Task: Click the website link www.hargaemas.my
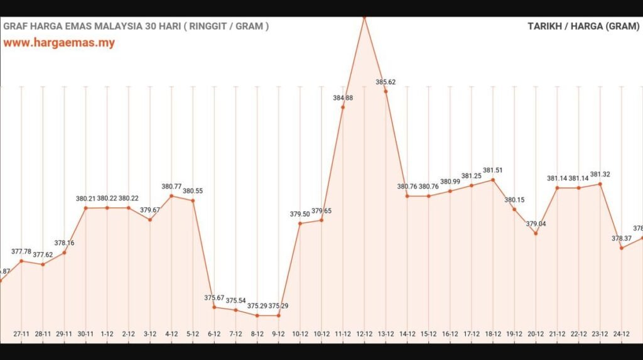pos(59,43)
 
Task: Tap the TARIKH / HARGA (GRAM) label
pos(583,26)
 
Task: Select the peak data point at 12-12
pos(364,17)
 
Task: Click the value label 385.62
pos(386,82)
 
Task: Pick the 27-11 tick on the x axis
pos(22,334)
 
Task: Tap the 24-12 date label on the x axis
pos(621,334)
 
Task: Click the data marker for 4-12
pos(171,196)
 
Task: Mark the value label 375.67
pos(214,297)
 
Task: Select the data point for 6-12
pos(214,307)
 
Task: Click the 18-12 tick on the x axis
pos(493,334)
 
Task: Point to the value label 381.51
pos(493,170)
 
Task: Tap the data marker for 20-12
pos(536,233)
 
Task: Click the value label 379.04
pos(536,224)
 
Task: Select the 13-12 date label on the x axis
pos(386,334)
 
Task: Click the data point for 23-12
pos(600,184)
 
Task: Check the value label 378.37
pos(621,238)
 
